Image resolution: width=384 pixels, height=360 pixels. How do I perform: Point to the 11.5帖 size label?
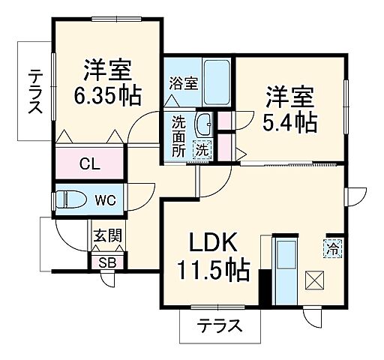coord(213,270)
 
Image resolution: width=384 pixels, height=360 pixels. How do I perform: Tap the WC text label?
coord(105,200)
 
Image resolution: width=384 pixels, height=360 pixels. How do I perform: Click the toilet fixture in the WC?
coord(72,200)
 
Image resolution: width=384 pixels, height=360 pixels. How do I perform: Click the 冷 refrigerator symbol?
coord(332,247)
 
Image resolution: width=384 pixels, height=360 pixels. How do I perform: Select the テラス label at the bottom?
coord(220,326)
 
